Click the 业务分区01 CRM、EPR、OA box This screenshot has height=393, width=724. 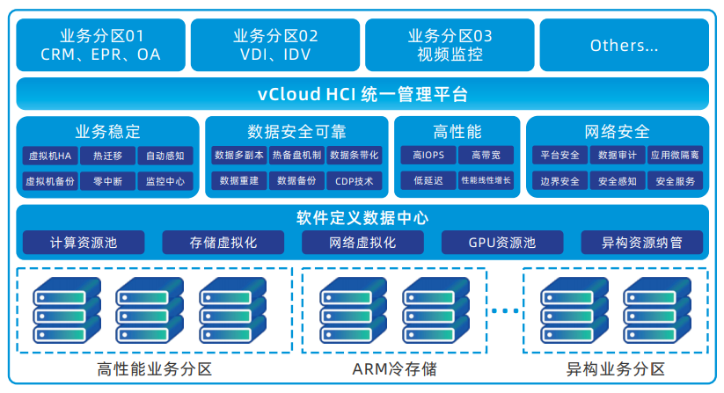coord(101,46)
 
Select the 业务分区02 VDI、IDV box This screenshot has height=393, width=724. coord(275,46)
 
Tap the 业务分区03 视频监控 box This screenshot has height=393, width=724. coord(450,46)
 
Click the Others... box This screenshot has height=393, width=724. coord(624,46)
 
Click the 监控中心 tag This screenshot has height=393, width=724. coord(165,182)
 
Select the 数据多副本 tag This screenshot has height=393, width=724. coord(240,156)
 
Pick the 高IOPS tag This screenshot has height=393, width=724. coord(428,156)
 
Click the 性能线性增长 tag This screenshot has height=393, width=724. coord(486,182)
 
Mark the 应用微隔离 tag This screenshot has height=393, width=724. coord(675,156)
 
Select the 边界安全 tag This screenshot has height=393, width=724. coord(559,182)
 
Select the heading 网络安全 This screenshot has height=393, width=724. coord(617,131)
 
